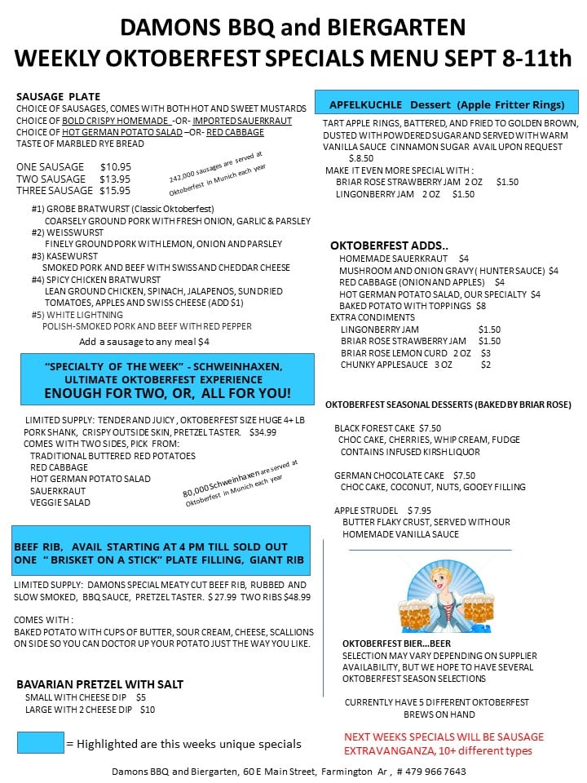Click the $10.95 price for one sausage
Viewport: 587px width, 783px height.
pyautogui.click(x=115, y=166)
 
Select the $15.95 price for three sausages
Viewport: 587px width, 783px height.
pyautogui.click(x=115, y=191)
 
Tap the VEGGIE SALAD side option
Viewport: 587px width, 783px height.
pyautogui.click(x=60, y=502)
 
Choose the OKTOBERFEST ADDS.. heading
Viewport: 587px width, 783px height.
pyautogui.click(x=389, y=246)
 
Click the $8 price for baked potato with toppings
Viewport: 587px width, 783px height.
pyautogui.click(x=481, y=306)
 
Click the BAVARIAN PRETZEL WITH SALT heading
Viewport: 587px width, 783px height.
pyautogui.click(x=100, y=684)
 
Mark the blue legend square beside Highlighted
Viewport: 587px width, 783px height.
pyautogui.click(x=40, y=742)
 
